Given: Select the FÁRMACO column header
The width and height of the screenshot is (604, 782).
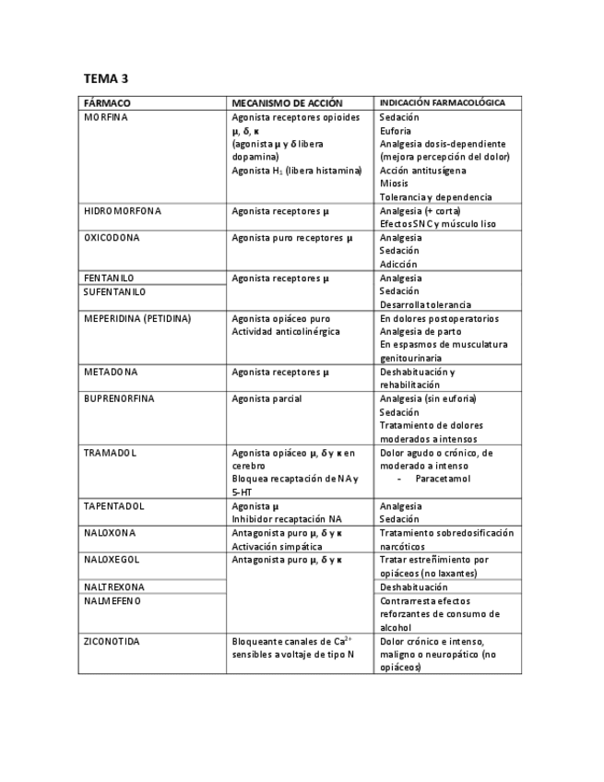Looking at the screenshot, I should [x=107, y=103].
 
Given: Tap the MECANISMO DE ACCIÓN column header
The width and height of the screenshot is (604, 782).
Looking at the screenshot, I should [x=287, y=103].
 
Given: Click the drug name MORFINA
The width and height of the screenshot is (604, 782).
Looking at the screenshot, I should [x=106, y=118].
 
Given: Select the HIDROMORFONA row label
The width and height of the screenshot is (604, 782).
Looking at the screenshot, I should [x=123, y=211].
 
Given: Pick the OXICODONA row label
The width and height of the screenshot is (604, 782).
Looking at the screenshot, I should [x=112, y=238].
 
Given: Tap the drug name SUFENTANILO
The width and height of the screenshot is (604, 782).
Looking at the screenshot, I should [x=114, y=291].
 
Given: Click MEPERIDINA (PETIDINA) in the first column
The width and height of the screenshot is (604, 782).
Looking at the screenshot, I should [x=137, y=319].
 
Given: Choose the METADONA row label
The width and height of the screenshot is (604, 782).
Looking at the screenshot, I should [x=111, y=373].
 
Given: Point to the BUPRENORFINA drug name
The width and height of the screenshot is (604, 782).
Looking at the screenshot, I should [x=119, y=399].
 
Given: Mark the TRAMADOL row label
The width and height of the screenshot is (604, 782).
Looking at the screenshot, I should [x=110, y=453].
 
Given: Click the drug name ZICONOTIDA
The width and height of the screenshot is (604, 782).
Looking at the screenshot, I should [x=112, y=641].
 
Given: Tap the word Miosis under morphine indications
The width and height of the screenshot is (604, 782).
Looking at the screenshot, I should [x=394, y=184].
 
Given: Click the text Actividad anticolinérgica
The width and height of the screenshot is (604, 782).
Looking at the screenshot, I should [x=286, y=332].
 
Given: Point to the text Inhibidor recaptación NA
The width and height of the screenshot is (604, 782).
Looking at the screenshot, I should [x=287, y=519].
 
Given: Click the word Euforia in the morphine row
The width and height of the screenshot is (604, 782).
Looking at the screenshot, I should [x=396, y=131].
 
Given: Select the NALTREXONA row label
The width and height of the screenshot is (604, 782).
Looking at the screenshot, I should [x=114, y=586].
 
